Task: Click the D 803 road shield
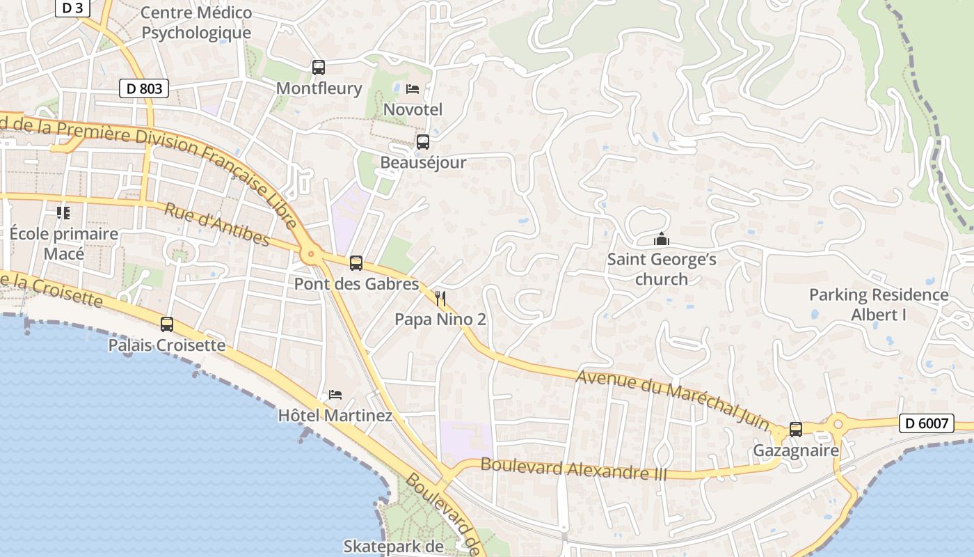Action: coord(144,88)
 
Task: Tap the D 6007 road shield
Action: coord(926,423)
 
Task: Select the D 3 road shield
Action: coord(72,8)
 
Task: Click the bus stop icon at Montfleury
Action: coord(319,68)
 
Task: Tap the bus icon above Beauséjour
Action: coord(422,142)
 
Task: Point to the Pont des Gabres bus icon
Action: coord(356,263)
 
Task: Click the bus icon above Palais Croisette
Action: coord(167,324)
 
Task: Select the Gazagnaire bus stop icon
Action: coord(796,430)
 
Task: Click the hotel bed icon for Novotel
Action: coord(413,89)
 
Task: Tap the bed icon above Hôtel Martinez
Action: coord(335,395)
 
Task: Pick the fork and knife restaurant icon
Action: coord(440,299)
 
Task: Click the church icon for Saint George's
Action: coord(661,240)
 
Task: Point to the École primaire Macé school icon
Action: coord(63,212)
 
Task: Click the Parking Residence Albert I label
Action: coord(879,304)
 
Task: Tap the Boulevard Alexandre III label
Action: coord(573,469)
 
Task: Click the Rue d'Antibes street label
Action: coord(216,223)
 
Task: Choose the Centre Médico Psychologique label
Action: coord(196,22)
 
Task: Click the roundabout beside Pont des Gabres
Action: coord(311,256)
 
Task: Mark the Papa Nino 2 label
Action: coord(440,320)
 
